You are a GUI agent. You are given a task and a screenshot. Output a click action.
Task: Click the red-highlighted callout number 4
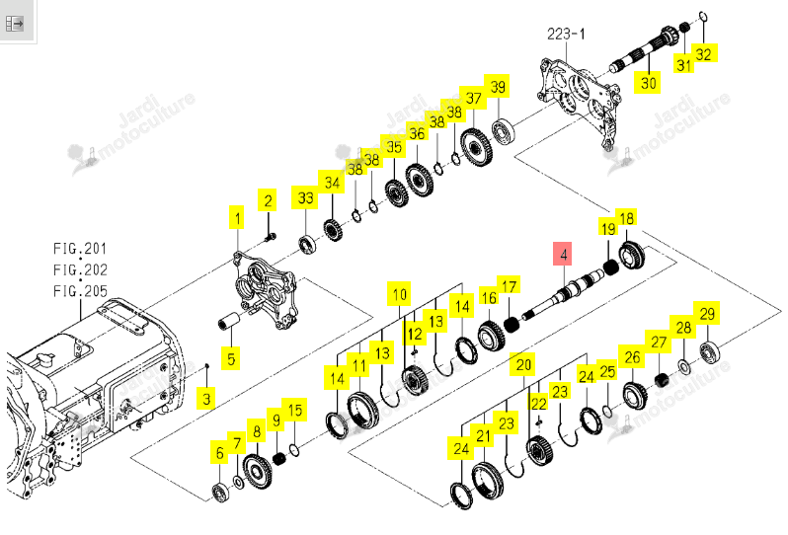click(564, 255)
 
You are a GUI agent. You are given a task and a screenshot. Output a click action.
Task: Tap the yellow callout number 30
click(649, 82)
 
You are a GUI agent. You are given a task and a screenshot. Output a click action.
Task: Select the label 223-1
click(566, 35)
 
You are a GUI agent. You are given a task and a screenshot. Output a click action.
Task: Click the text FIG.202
click(80, 269)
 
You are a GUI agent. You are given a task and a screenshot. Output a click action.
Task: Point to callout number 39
click(498, 87)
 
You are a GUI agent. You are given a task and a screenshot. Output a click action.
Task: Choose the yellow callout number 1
click(237, 218)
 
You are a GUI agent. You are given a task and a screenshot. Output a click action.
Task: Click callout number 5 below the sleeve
click(231, 358)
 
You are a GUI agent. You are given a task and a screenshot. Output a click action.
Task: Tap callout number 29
click(707, 314)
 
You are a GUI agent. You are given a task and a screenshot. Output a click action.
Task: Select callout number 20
click(523, 364)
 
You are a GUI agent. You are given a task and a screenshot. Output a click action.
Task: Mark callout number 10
click(400, 294)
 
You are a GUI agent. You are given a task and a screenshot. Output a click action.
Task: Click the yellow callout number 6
click(219, 453)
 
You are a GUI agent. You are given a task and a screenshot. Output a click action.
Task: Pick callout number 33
click(305, 197)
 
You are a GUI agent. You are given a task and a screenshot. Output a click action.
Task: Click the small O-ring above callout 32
click(703, 17)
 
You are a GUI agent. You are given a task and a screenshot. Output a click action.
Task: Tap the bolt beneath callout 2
click(271, 236)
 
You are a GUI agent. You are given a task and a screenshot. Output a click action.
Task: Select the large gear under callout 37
click(476, 147)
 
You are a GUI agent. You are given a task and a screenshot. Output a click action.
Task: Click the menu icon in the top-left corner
click(15, 23)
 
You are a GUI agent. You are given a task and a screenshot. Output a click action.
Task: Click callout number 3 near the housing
click(206, 399)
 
